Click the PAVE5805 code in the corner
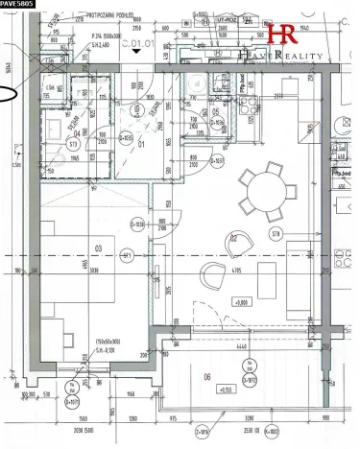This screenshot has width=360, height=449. (18, 5)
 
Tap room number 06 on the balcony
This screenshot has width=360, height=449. (206, 377)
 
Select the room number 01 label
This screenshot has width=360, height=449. (141, 145)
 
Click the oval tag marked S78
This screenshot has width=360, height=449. (276, 232)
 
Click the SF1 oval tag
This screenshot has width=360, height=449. (126, 256)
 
